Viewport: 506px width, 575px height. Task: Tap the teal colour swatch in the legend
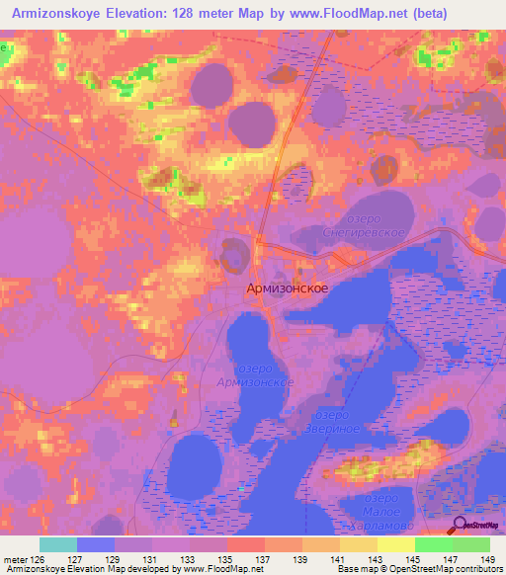(x=58, y=544)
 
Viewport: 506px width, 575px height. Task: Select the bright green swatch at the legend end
(x=471, y=544)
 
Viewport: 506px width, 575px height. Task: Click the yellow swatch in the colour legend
(x=396, y=544)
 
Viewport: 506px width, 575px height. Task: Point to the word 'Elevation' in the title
(x=138, y=13)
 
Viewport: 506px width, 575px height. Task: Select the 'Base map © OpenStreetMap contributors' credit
(x=418, y=570)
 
